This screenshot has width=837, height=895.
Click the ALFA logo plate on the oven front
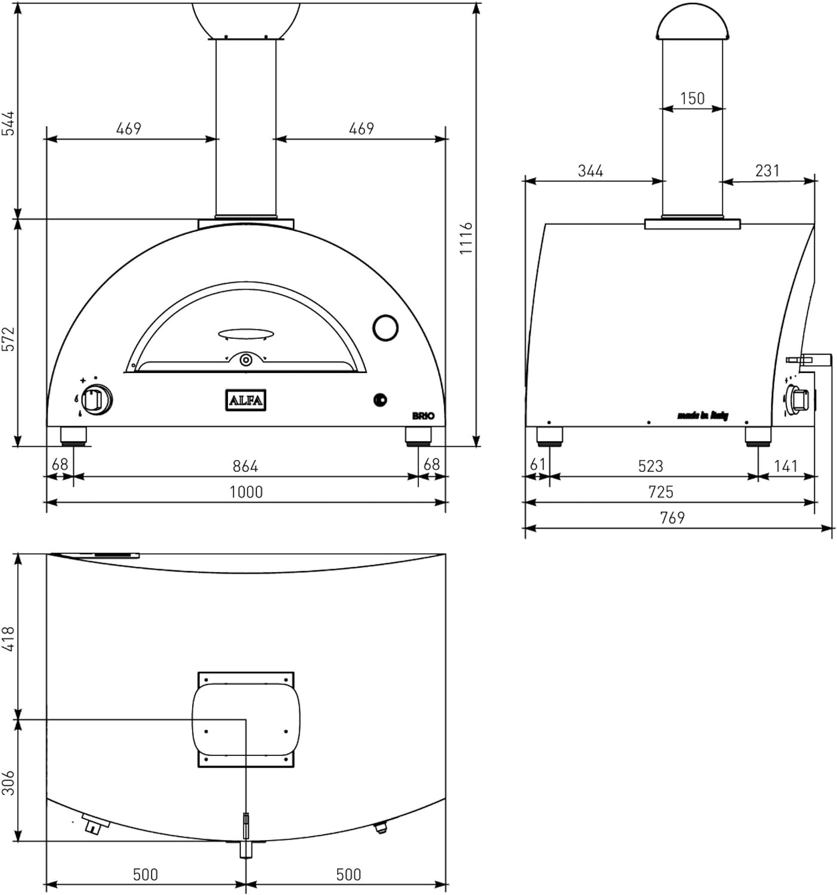(245, 400)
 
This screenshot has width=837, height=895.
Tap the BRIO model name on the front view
(423, 416)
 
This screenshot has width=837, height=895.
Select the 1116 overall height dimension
(466, 238)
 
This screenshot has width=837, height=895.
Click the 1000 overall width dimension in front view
(246, 492)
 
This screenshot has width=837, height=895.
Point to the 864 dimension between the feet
(245, 465)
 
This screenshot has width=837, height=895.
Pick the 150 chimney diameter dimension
(692, 98)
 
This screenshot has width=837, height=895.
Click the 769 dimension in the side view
(672, 518)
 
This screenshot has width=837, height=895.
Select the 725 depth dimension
(660, 492)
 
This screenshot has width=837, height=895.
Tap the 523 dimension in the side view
(650, 465)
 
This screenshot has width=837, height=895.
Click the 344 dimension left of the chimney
(590, 171)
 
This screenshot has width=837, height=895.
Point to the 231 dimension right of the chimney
(767, 171)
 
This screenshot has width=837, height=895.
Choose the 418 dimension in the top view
(8, 638)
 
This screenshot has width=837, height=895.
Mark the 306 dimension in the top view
(8, 782)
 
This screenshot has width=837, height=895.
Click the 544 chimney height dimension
(8, 124)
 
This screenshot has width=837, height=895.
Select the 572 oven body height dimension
(8, 338)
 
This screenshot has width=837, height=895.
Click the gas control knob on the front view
(95, 400)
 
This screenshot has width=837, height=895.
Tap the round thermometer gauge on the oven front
(385, 327)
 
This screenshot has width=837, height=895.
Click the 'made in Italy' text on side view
(702, 415)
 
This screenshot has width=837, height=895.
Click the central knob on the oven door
(245, 360)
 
